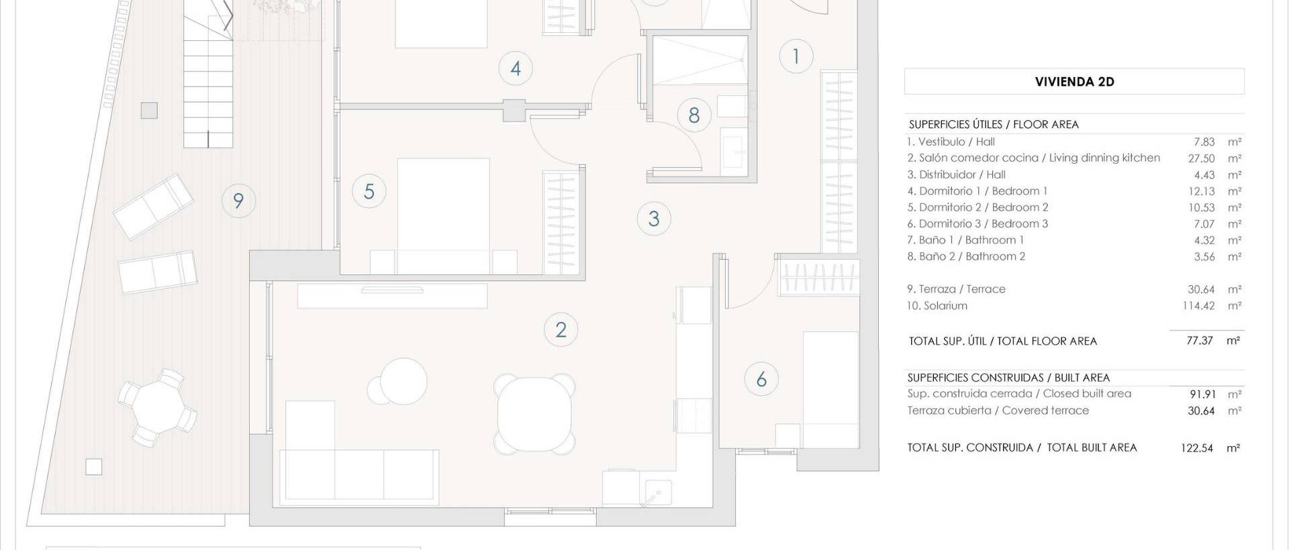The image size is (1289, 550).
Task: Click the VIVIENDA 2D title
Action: [1074, 82]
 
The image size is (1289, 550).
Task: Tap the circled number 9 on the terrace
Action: [238, 201]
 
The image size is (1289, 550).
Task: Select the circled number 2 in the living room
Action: [561, 329]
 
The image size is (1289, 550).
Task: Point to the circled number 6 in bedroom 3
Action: [761, 379]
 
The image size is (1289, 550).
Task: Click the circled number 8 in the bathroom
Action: [694, 115]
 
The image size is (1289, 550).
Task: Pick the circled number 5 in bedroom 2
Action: [369, 191]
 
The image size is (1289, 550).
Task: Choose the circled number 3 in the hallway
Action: [654, 218]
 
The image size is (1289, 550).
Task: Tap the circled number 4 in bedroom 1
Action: [516, 68]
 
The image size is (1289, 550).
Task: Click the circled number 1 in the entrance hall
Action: [796, 56]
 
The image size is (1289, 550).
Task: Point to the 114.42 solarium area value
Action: [1198, 306]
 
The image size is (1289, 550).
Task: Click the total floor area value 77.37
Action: [1200, 341]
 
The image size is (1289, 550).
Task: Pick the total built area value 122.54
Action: [1197, 448]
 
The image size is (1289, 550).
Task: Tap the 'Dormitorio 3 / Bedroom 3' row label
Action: [977, 224]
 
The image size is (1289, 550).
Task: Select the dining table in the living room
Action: [534, 413]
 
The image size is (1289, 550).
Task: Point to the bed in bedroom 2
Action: [443, 215]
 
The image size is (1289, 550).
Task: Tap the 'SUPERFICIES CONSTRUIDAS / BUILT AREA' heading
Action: [1008, 378]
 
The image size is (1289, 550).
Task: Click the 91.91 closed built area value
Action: [1202, 394]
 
